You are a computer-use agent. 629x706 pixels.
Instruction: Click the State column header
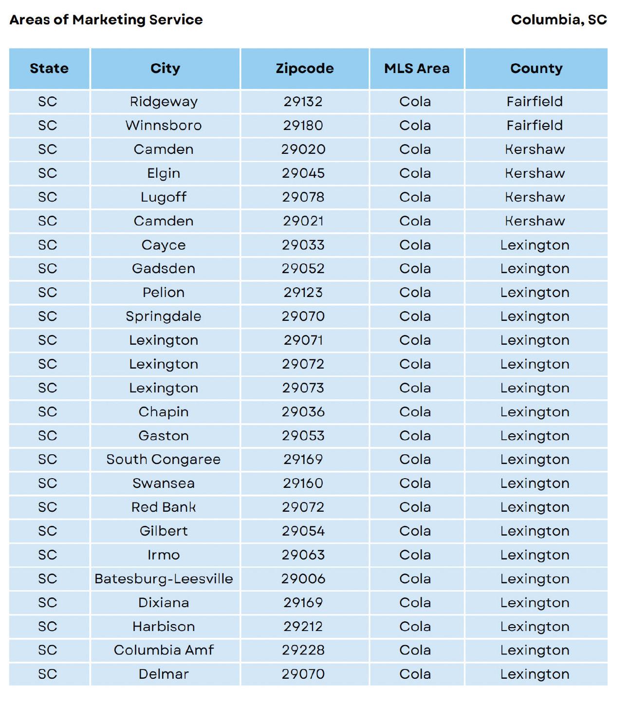tap(49, 68)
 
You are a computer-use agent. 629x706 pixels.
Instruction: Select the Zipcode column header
tap(305, 68)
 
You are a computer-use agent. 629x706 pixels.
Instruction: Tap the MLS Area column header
tap(417, 68)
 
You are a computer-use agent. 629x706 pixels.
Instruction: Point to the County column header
tap(536, 68)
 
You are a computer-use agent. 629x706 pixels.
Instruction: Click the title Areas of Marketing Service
tap(106, 20)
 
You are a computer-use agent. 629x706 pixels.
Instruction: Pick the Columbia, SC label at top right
tap(559, 20)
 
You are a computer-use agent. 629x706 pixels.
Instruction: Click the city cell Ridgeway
tap(164, 102)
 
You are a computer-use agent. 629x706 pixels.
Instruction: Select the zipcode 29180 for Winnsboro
tap(303, 126)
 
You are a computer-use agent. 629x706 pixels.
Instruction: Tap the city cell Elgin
tap(164, 173)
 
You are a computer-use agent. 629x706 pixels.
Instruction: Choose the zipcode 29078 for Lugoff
tap(303, 197)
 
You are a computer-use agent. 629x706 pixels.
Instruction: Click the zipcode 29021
tap(303, 221)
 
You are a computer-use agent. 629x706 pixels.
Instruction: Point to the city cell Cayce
tap(164, 245)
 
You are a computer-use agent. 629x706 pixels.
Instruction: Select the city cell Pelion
tap(164, 293)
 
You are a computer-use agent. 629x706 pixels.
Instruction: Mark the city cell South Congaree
tap(164, 460)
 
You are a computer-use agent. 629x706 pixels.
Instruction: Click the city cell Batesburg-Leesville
tap(164, 579)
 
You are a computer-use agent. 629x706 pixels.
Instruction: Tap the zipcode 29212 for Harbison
tap(303, 627)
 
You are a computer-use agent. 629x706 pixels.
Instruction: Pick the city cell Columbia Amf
tap(164, 650)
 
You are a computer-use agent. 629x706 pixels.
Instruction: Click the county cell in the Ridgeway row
tap(535, 102)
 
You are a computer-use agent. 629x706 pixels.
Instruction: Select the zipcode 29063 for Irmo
tap(303, 555)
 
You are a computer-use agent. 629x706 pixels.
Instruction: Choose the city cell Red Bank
tap(164, 507)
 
